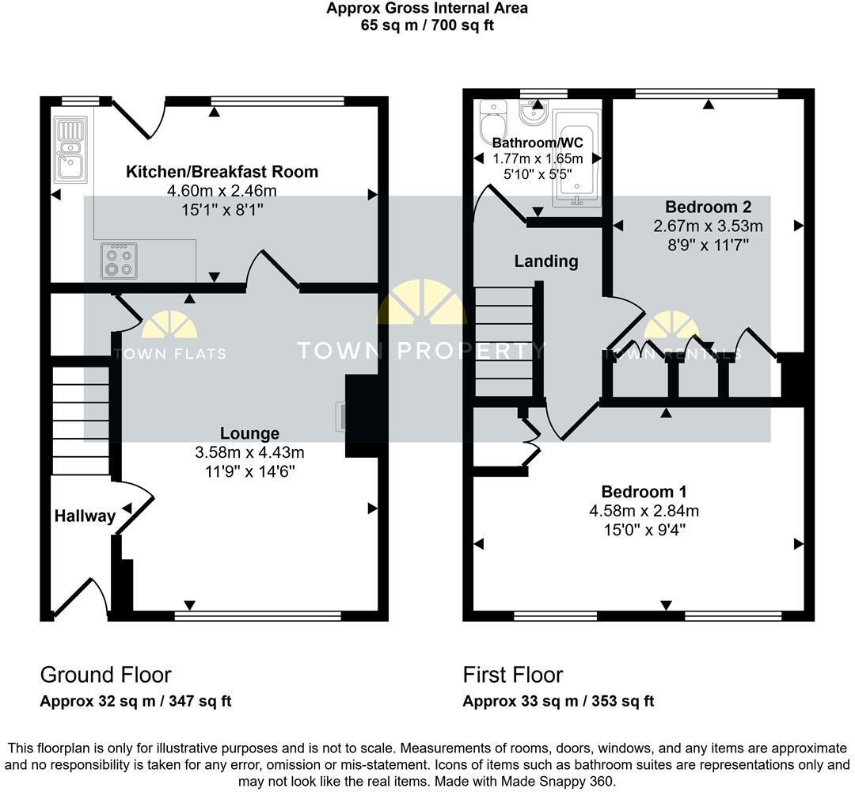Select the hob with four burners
118,261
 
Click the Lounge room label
249,433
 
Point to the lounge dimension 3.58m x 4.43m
249,452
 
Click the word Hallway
85,516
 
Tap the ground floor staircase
81,420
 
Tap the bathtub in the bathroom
577,158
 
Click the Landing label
546,261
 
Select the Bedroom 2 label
708,208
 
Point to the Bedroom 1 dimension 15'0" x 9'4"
644,529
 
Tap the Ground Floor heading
105,675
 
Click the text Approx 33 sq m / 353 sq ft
558,701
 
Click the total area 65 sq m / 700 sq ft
427,25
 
